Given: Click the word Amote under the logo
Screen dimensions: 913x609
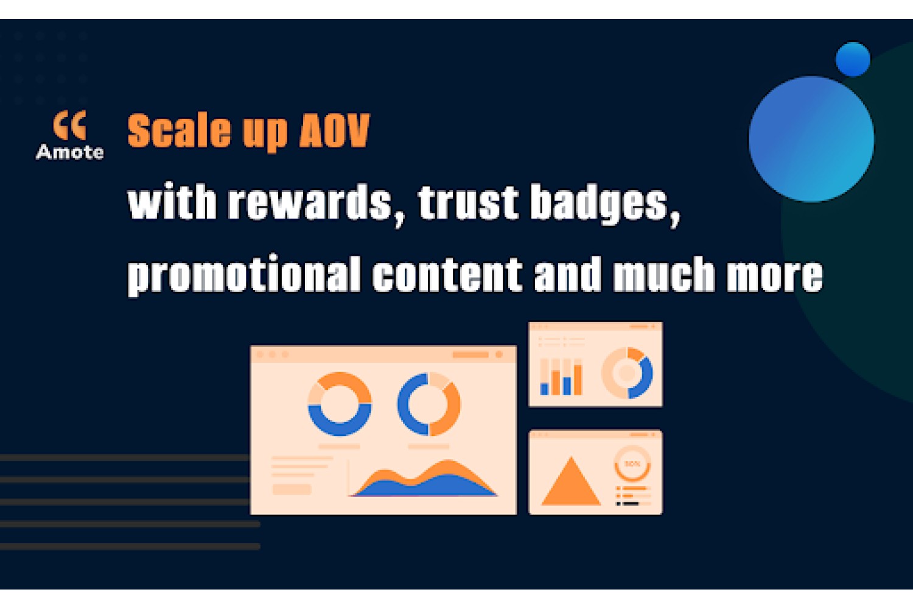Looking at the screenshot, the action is (70, 152).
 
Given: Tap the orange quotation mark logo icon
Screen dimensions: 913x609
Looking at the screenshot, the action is (70, 125).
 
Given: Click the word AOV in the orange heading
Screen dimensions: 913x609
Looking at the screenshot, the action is (334, 130).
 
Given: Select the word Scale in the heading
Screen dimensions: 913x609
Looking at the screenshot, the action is (180, 130).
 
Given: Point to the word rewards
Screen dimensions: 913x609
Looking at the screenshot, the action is (310, 203).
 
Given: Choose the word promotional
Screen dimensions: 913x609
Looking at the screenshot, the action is (243, 274).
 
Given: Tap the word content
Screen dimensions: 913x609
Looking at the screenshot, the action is (447, 273).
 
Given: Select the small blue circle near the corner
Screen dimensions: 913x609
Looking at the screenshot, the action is (853, 59).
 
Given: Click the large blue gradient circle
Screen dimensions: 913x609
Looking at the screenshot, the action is (811, 139).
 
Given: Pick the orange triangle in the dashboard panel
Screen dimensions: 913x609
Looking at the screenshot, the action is (571, 481).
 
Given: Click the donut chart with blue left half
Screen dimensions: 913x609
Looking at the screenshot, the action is (404, 404).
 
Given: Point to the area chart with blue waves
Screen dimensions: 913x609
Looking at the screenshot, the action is (424, 484).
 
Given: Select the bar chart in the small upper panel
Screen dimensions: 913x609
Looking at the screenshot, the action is (561, 377).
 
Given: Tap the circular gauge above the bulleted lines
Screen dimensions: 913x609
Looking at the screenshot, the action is (632, 477).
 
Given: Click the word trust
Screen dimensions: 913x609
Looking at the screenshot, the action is (468, 203).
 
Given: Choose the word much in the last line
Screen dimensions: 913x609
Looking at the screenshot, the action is (664, 274).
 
